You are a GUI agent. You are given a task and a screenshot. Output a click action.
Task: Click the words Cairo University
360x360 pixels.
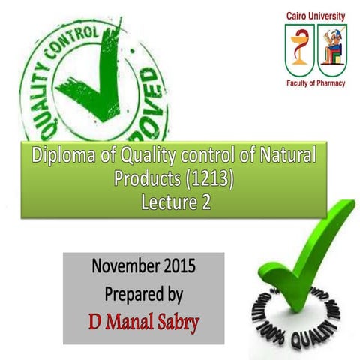click(316, 15)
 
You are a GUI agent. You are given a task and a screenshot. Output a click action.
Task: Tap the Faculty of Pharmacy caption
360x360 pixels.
click(316, 83)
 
